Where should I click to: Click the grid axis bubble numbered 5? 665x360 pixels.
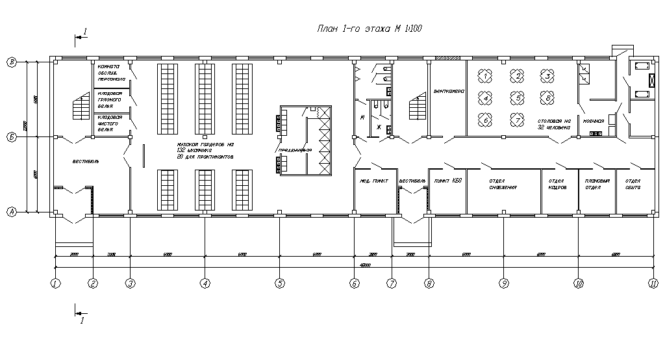pos(280,283)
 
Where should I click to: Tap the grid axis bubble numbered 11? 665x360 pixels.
pos(653,283)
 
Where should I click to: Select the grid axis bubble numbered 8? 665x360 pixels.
pos(429,283)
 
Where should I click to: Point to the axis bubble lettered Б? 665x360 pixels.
pos(11,138)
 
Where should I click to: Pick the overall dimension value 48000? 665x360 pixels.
pos(354,264)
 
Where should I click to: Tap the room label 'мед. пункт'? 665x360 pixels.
pos(374,181)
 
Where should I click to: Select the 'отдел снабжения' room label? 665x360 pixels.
pos(503,184)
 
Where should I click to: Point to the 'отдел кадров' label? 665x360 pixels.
pos(558,184)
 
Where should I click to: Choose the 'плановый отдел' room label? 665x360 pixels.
pos(596,184)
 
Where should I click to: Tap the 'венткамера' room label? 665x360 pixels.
pos(448,92)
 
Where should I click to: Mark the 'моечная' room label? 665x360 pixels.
pos(594,122)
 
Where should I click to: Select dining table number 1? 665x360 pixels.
pos(484,77)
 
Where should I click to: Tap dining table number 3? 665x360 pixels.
pos(548,77)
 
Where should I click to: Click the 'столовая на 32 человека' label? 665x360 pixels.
pos(554,125)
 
